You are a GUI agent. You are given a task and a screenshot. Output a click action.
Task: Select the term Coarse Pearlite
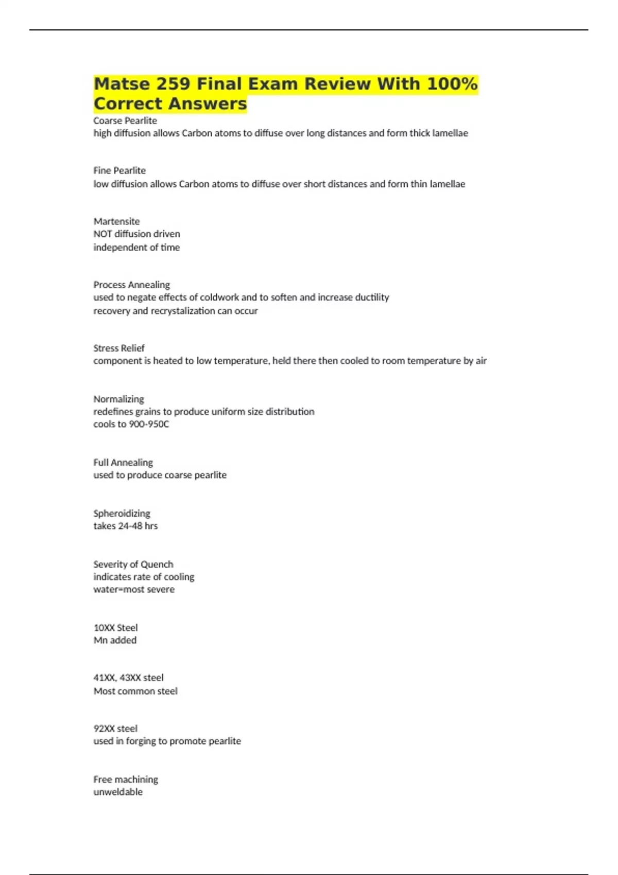(x=125, y=120)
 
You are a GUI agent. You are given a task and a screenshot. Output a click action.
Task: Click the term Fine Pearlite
(x=119, y=170)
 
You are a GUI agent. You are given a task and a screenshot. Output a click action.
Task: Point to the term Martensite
(x=116, y=221)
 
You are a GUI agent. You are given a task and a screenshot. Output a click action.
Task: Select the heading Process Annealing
(x=131, y=285)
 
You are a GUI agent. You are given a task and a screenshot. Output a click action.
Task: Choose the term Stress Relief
(x=119, y=348)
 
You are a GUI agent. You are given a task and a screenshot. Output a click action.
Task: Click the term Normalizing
(x=118, y=399)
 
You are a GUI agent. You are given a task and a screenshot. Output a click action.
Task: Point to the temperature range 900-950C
(x=145, y=424)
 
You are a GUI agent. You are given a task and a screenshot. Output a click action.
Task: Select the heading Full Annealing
(x=123, y=462)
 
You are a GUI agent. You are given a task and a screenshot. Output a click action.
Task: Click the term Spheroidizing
(x=122, y=513)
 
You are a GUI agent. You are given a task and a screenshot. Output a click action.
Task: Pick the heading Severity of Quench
(x=133, y=564)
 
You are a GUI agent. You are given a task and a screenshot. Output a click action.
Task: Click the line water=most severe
(x=134, y=589)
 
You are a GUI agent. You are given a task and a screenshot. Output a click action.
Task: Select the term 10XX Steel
(x=115, y=627)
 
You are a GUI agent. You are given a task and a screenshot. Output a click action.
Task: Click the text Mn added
(x=115, y=640)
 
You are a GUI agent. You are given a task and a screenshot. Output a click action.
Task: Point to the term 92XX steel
(x=115, y=728)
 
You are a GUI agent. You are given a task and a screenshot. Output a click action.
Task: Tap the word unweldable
(x=118, y=792)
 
